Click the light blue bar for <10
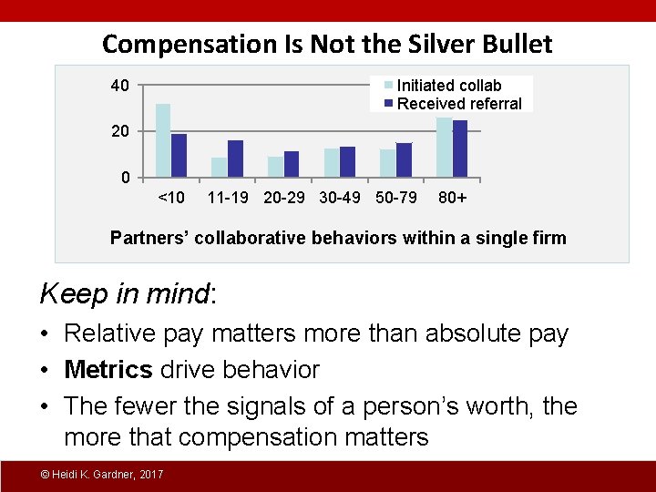(163, 139)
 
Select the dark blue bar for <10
(179, 155)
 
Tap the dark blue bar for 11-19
(235, 158)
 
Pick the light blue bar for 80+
(444, 146)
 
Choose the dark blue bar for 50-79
(404, 159)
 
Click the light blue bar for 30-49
(332, 162)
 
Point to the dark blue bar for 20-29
(292, 163)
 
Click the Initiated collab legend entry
(449, 86)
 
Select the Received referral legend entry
(459, 103)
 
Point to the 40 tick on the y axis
(119, 87)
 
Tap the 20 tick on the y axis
(119, 131)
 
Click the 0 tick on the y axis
(126, 177)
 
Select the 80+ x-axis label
(453, 198)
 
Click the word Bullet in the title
(514, 44)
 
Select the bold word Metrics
(108, 370)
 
